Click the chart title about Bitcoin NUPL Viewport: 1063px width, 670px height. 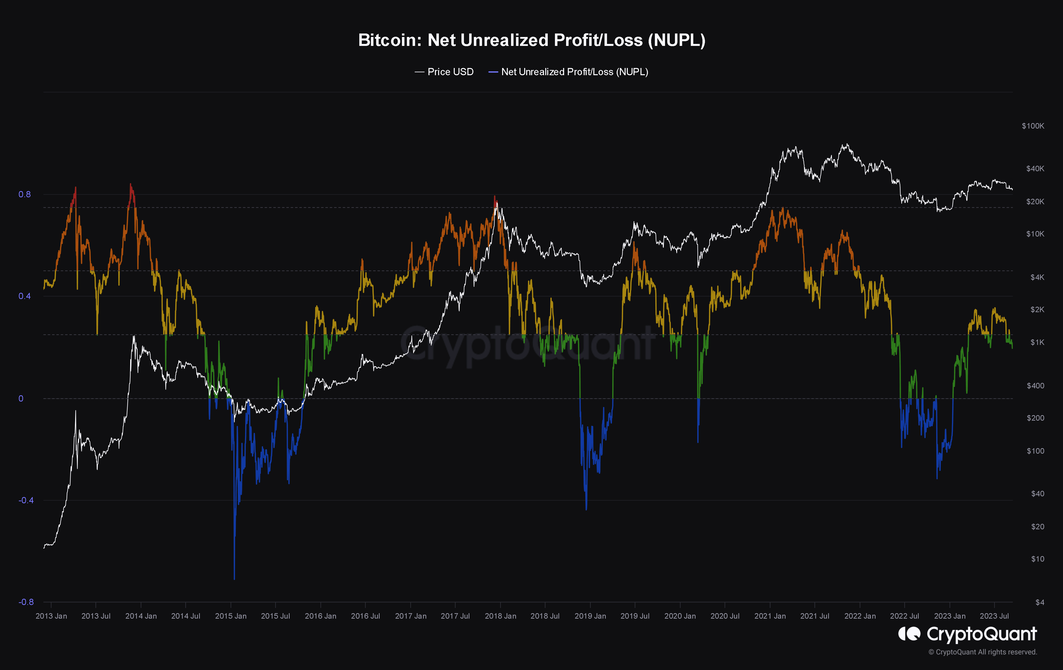532,40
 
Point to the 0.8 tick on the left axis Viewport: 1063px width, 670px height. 25,194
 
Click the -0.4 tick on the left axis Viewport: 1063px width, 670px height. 26,500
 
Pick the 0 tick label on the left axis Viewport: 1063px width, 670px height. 21,398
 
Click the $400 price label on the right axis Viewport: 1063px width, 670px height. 1035,386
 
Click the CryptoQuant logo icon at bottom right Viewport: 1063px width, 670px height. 909,634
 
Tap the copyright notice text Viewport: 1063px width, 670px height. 982,652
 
